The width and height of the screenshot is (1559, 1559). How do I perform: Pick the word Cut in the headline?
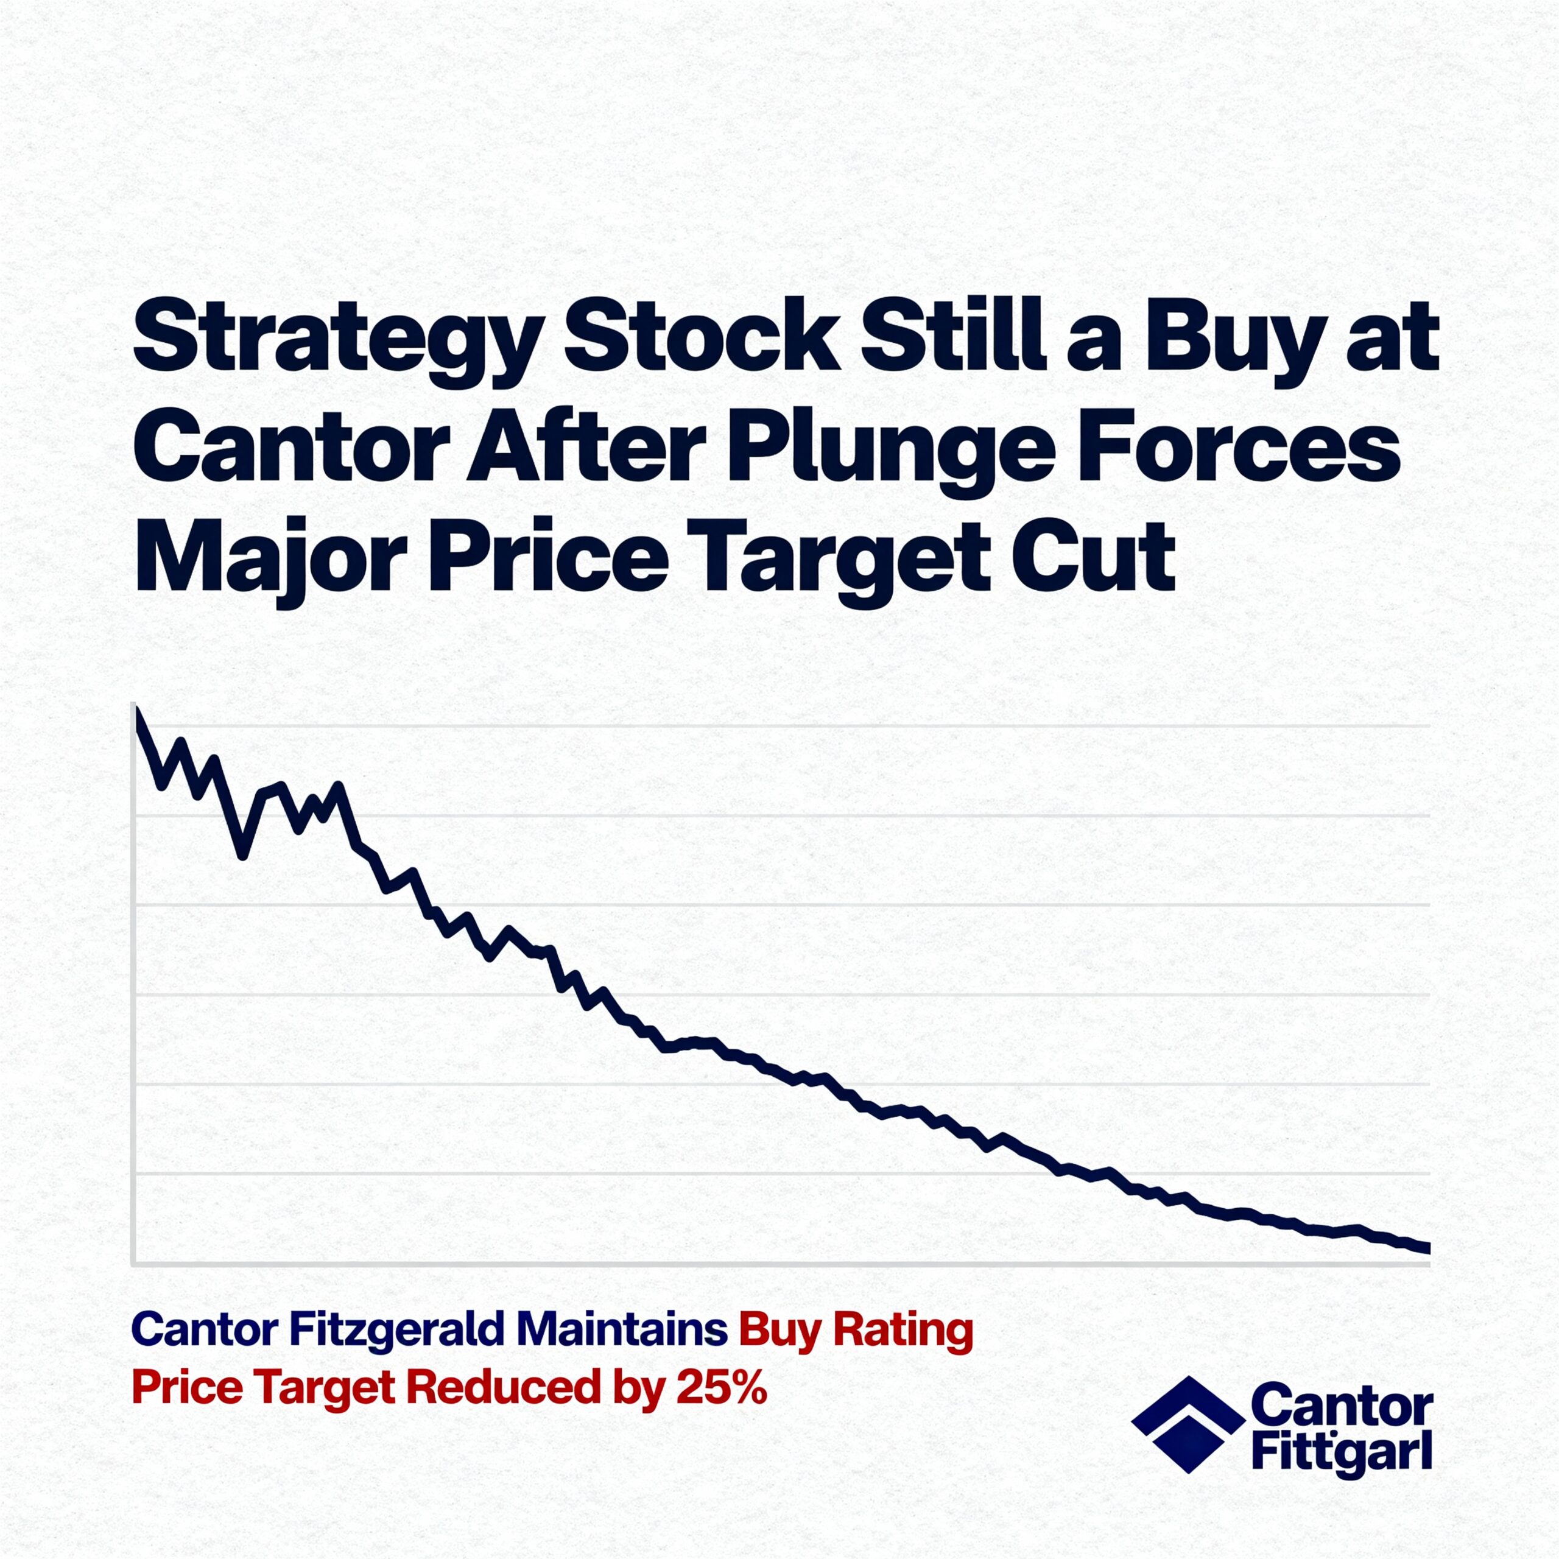[x=1093, y=556]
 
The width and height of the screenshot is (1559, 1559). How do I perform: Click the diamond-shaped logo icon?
[x=1188, y=1435]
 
